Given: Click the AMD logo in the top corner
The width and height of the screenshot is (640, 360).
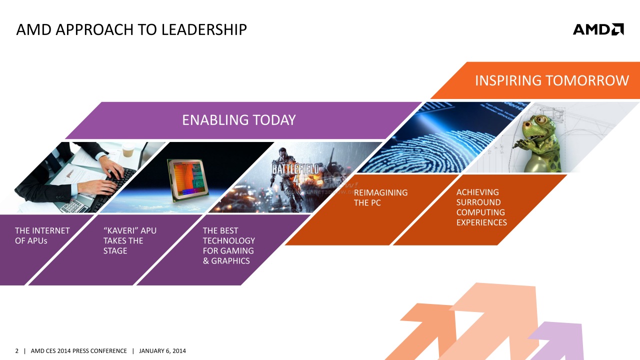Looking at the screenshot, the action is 598,29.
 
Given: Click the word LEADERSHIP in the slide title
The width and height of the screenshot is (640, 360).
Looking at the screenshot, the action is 204,29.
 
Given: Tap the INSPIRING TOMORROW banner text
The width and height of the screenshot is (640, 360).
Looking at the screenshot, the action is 551,80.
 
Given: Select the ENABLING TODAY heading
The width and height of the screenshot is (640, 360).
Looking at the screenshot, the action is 239,120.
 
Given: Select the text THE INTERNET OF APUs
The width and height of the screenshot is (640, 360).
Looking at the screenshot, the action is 42,235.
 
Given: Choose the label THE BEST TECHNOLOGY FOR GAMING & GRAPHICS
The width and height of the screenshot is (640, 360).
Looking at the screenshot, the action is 229,245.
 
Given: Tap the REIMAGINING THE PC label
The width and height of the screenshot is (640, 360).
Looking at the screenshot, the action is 380,197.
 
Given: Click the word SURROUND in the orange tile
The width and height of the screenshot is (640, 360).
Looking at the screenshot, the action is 478,202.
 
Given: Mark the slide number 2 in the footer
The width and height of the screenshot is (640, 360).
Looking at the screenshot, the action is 17,351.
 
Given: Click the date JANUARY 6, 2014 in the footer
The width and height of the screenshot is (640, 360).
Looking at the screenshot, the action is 162,351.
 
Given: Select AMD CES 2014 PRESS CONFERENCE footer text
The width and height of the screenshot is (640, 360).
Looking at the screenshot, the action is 78,351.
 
